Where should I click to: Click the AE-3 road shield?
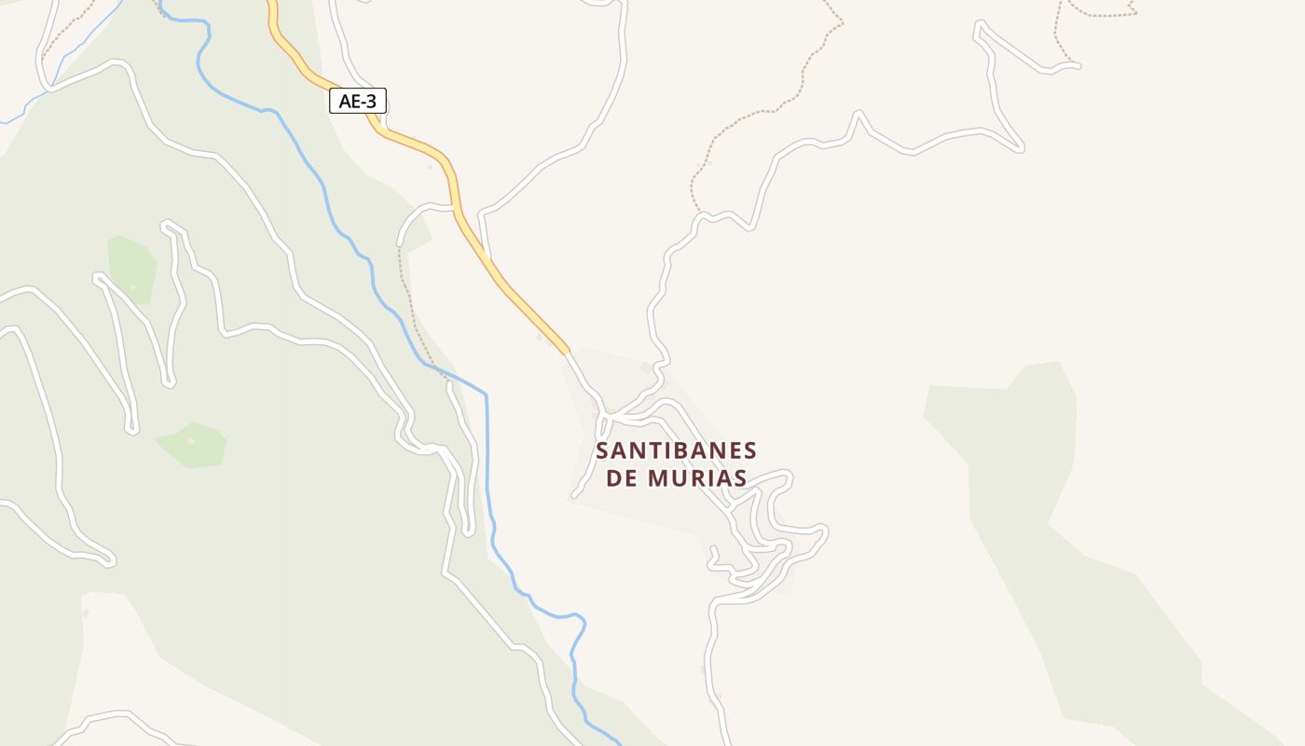click(x=358, y=101)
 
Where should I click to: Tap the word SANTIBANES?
click(x=676, y=451)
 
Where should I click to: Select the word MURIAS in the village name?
click(x=700, y=478)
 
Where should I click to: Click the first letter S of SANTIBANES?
click(x=602, y=451)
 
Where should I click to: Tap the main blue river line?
click(x=486, y=448)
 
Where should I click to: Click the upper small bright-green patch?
click(x=130, y=266)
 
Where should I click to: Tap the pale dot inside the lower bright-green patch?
click(x=191, y=440)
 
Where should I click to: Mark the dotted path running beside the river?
click(x=410, y=308)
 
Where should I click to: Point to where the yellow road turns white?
click(x=568, y=352)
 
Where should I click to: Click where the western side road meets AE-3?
click(x=454, y=206)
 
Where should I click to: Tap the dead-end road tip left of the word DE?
click(x=575, y=495)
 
